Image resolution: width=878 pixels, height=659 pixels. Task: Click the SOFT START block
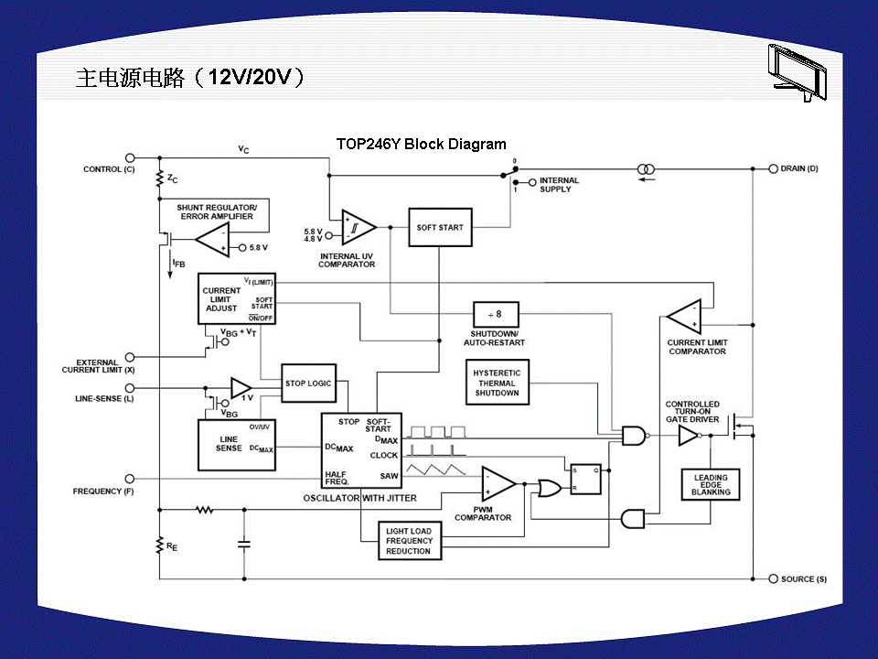click(x=440, y=227)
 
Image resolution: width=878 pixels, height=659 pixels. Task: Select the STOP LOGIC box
click(x=308, y=384)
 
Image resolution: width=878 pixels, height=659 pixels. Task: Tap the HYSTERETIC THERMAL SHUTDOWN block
click(x=497, y=384)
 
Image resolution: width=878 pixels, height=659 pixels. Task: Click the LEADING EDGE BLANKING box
click(x=711, y=484)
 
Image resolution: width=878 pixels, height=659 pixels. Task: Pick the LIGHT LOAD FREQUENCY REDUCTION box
click(x=408, y=541)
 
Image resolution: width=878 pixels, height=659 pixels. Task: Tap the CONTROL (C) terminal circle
click(x=130, y=158)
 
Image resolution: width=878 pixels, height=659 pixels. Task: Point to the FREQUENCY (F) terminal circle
click(x=130, y=478)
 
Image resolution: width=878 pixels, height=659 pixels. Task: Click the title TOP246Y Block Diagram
click(x=421, y=144)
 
